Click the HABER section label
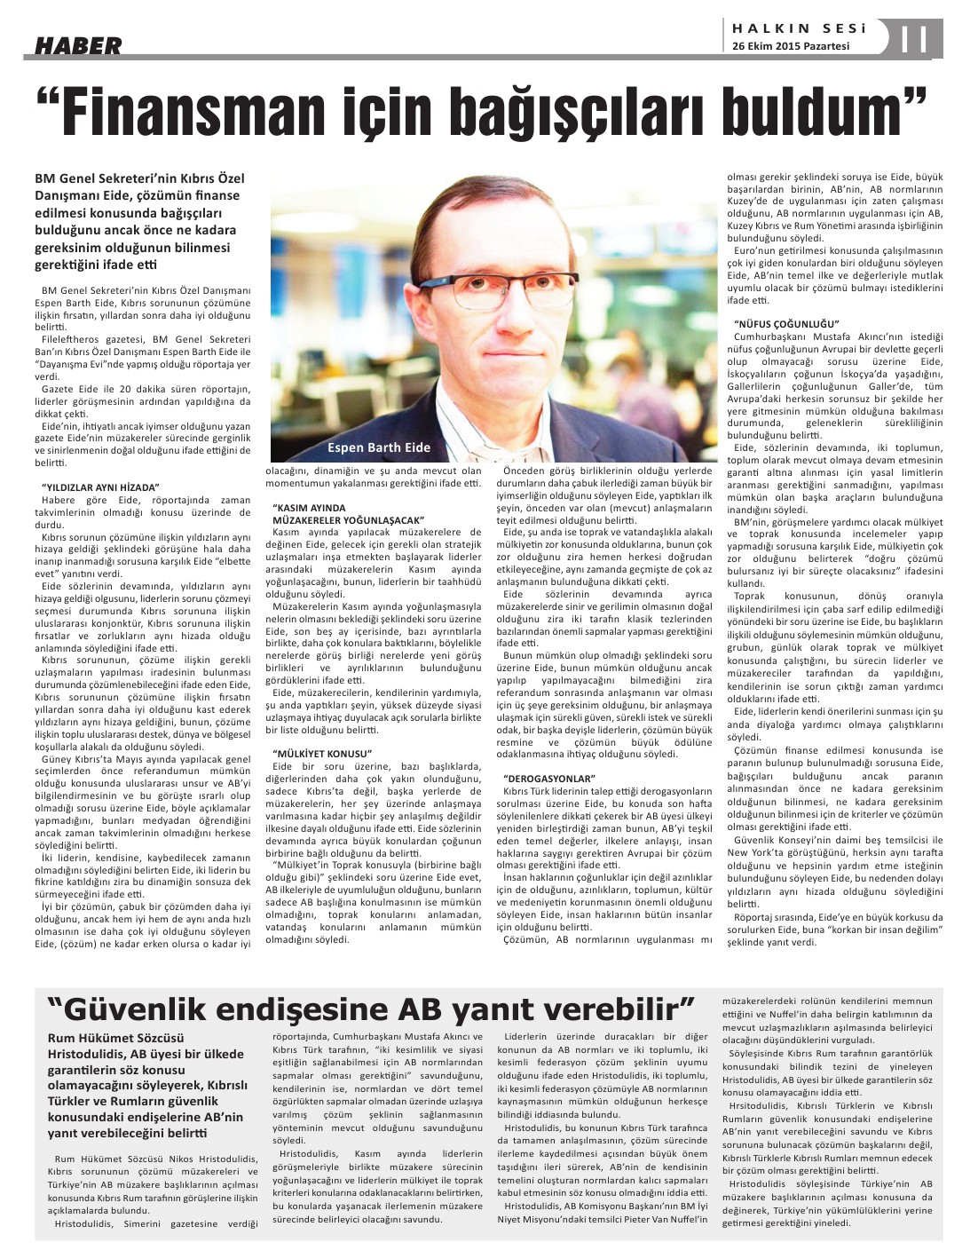point(78,45)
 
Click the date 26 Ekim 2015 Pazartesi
point(791,47)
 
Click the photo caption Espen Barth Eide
point(379,447)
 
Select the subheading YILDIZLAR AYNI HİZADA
point(100,487)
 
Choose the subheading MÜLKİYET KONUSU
point(321,752)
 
